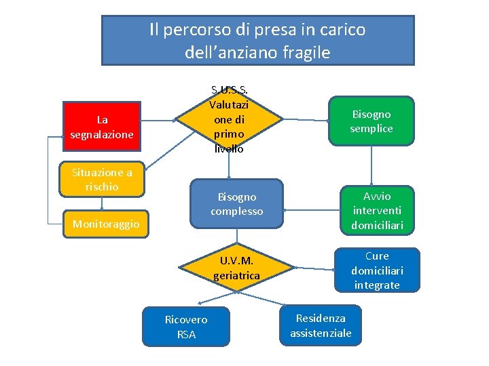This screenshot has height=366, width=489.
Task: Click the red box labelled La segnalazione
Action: click(101, 126)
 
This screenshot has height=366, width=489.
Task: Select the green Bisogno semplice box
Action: click(371, 121)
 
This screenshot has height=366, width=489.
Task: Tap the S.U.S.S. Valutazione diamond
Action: click(229, 119)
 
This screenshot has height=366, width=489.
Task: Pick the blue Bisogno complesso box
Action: click(236, 204)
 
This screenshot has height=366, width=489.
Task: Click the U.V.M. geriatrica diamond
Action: click(236, 268)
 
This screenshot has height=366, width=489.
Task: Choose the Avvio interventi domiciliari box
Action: click(377, 211)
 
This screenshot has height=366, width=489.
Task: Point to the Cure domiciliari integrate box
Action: click(377, 270)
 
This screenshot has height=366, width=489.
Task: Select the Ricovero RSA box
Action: click(186, 327)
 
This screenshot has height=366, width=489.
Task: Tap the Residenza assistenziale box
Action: click(321, 325)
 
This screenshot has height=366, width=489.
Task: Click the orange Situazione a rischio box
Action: click(102, 180)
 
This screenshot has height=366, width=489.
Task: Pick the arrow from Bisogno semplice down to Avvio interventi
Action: click(371, 165)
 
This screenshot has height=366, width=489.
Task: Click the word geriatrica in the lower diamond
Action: click(236, 276)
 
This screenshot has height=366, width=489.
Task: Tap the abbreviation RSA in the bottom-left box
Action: click(186, 334)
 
